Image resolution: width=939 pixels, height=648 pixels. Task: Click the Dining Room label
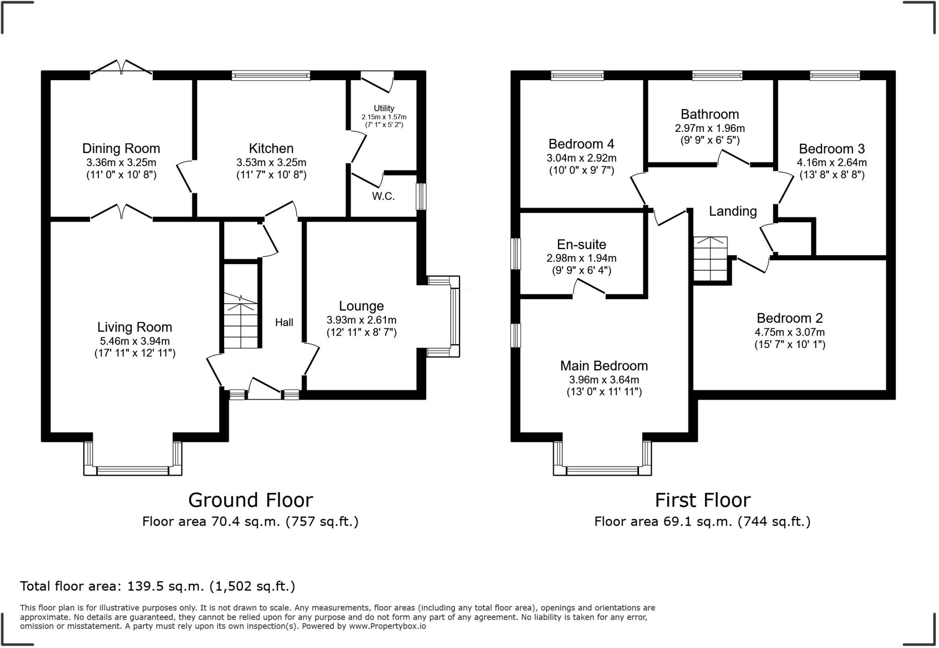(121, 148)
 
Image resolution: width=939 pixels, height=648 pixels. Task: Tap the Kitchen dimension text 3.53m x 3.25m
(271, 163)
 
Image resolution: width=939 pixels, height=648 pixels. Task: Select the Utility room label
(384, 108)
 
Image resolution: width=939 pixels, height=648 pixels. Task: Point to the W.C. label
(383, 196)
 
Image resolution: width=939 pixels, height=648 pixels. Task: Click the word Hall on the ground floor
(284, 322)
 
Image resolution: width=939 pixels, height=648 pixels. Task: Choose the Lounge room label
(361, 306)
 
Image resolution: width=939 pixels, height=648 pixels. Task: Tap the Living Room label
(135, 327)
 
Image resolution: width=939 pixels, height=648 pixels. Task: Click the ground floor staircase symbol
(241, 321)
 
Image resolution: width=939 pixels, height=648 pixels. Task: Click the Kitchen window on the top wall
(271, 75)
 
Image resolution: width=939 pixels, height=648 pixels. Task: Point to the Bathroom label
(710, 114)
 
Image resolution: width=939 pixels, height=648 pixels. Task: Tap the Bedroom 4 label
(581, 144)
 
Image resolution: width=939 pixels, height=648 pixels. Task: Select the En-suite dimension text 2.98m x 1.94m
(581, 258)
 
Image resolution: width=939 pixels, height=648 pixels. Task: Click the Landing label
(733, 211)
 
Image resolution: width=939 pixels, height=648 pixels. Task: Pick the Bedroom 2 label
(790, 318)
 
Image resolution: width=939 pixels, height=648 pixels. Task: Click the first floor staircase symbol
(710, 258)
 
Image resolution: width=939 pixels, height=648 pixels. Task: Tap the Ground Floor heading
(251, 500)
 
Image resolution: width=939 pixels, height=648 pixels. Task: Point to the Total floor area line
(158, 586)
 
